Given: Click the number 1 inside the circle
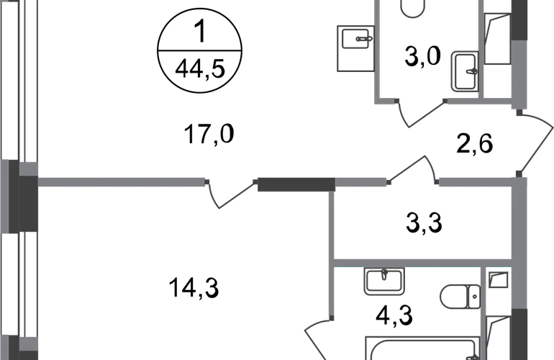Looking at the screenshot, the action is tap(200, 31).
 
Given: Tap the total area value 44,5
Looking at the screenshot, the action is tap(200, 68).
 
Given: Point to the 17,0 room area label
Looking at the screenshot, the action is tap(209, 134).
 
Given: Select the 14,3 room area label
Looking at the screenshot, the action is tap(194, 287).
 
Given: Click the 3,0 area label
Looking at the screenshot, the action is tap(422, 56).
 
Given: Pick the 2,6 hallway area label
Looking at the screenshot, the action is tap(475, 143).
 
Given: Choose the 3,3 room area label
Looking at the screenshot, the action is tap(424, 223).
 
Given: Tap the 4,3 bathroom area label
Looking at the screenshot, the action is tap(394, 316).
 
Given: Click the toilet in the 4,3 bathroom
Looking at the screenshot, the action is tap(460, 297).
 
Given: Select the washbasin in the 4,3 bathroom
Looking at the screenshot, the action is tap(384, 281).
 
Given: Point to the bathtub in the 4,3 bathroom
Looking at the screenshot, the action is tap(423, 348).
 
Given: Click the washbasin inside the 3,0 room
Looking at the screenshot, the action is tap(465, 71).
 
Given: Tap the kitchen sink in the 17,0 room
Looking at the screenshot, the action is tap(356, 48).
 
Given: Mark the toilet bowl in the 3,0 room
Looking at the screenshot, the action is tap(413, 8).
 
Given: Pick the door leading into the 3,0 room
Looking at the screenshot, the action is tap(420, 113).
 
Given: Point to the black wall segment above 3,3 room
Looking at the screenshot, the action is tap(296, 184).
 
